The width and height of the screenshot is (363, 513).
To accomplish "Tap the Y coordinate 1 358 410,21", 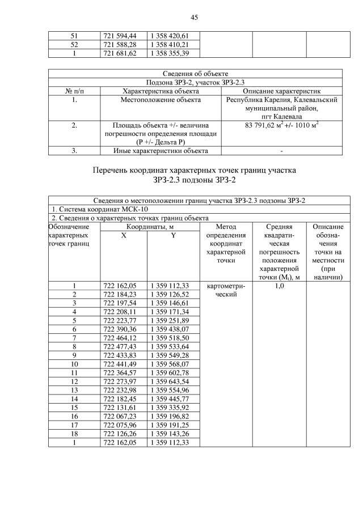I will click(169, 44).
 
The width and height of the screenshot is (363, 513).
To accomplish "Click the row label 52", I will click(74, 44).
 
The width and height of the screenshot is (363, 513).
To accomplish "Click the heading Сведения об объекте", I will click(195, 73).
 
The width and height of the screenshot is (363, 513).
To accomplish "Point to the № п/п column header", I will click(74, 91).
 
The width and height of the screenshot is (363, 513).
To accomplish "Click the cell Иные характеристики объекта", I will click(161, 151).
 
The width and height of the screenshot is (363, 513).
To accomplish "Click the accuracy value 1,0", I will click(279, 286).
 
